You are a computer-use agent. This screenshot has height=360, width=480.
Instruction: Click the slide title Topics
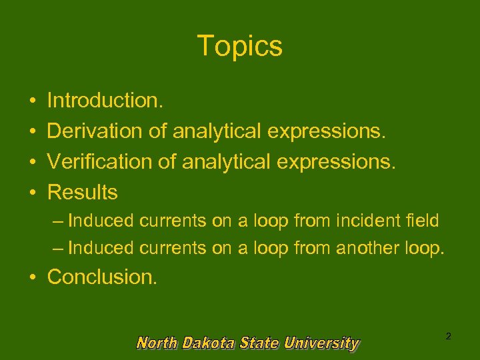tap(240, 46)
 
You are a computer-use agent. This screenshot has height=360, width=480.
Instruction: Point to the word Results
tap(83, 193)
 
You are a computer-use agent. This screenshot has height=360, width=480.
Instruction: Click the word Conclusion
tap(103, 276)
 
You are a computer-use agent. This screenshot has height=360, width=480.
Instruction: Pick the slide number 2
tap(448, 336)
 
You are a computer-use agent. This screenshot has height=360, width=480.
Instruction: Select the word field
tap(423, 220)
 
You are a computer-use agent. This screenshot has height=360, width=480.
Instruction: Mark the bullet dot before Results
tap(33, 193)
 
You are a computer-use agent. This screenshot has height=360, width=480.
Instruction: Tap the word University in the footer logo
tap(321, 343)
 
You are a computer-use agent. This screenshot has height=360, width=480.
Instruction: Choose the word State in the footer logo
tap(260, 343)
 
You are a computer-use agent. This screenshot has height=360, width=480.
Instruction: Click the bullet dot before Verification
tap(33, 163)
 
